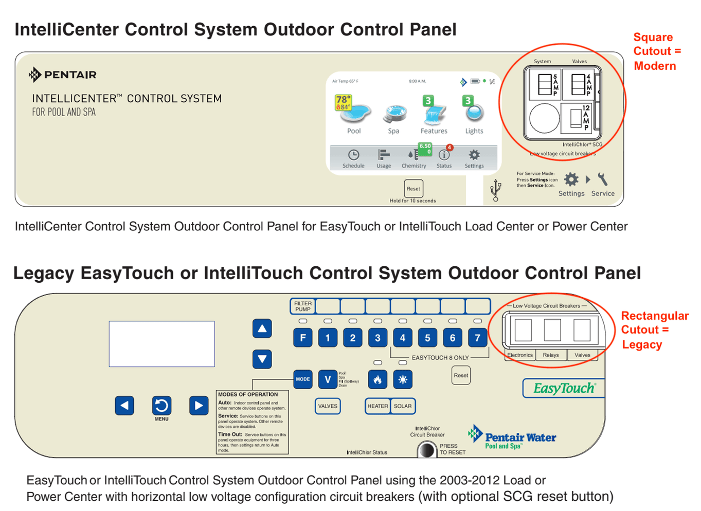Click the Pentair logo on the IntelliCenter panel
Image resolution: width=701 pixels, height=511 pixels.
coord(62,75)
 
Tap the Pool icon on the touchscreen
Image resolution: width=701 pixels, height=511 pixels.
coord(354,110)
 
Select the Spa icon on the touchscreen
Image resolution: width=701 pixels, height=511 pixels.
coord(394,114)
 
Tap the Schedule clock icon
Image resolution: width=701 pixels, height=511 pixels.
coord(353,155)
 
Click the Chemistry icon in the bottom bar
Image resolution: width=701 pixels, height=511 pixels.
coord(414,155)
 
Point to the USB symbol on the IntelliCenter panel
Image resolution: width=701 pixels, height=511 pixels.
coord(495,190)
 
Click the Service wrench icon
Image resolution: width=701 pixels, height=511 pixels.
coord(602,179)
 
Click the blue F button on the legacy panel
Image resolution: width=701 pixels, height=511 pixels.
coord(303,338)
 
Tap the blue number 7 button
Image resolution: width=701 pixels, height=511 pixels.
coord(477,338)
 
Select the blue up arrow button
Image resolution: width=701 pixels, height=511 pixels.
coord(262,328)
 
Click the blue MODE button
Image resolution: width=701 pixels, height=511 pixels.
coord(303,379)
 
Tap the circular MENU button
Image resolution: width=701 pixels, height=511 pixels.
coord(161,406)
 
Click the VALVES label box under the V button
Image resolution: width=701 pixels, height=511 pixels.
coord(328,406)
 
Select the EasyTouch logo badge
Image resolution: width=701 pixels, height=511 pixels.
coord(564,388)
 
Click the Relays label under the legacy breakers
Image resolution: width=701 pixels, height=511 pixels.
coord(550,355)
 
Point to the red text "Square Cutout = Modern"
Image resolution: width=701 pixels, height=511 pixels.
coord(657,51)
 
